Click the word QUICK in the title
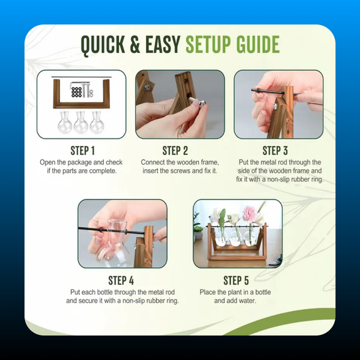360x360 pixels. coord(103,45)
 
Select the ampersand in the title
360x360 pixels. coord(135,44)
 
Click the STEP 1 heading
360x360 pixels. coord(83,151)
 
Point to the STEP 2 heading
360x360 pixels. coord(175,151)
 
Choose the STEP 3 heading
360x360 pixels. coord(275,151)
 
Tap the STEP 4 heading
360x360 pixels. coord(121,281)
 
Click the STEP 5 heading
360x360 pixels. coord(236,281)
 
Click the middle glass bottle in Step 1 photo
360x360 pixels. coord(81,122)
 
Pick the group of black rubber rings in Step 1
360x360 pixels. coord(77,92)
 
